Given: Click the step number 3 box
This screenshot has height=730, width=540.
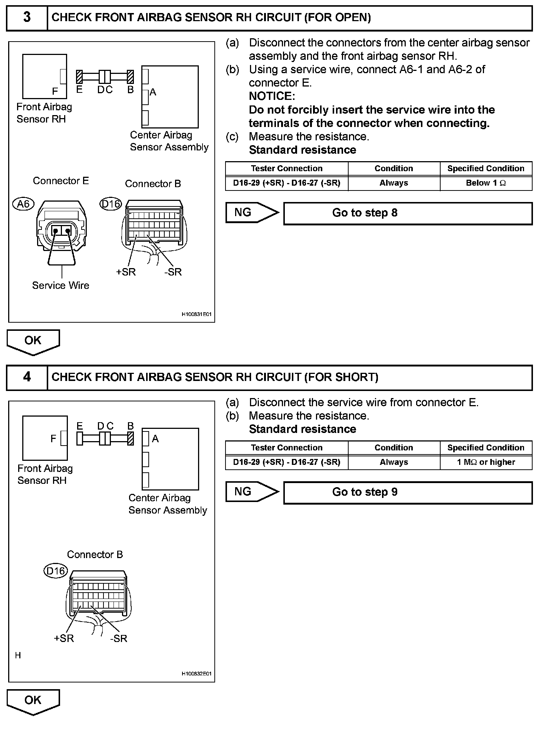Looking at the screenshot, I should coord(27,17).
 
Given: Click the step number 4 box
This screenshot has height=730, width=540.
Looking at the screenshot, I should coord(27,377).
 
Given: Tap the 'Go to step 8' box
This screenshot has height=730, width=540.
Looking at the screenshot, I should coord(408,213).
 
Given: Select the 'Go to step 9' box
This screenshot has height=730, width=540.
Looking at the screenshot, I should coord(408,492).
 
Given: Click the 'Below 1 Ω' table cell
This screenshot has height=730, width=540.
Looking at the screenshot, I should coord(486,183).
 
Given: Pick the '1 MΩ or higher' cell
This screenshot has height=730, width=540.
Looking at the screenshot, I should coord(486,462).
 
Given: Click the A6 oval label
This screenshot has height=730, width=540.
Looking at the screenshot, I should coord(23,204).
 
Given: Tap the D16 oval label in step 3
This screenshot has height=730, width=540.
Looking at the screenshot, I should coord(111,204).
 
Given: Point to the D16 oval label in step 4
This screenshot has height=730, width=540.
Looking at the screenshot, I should coord(56,570).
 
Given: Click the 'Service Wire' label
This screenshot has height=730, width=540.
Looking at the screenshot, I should coord(60,285).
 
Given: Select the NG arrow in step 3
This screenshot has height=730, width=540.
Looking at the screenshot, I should coord(251,213).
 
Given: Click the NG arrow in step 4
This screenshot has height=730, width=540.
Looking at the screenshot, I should coord(251,492).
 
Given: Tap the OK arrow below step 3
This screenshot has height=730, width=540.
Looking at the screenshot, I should coord(33,341).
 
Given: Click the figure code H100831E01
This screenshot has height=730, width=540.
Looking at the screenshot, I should coord(196,315).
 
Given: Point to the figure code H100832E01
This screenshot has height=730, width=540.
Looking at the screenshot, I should coord(196,674).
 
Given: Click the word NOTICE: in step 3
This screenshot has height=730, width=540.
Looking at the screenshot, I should coord(272,96).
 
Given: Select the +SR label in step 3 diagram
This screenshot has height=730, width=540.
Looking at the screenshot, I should coord(126,272).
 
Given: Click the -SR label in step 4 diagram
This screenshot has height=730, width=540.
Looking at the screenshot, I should coord(119,638).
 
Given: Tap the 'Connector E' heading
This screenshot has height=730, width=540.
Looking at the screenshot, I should coord(61,181).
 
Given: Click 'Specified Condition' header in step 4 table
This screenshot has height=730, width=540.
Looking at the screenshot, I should coord(486,448).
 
